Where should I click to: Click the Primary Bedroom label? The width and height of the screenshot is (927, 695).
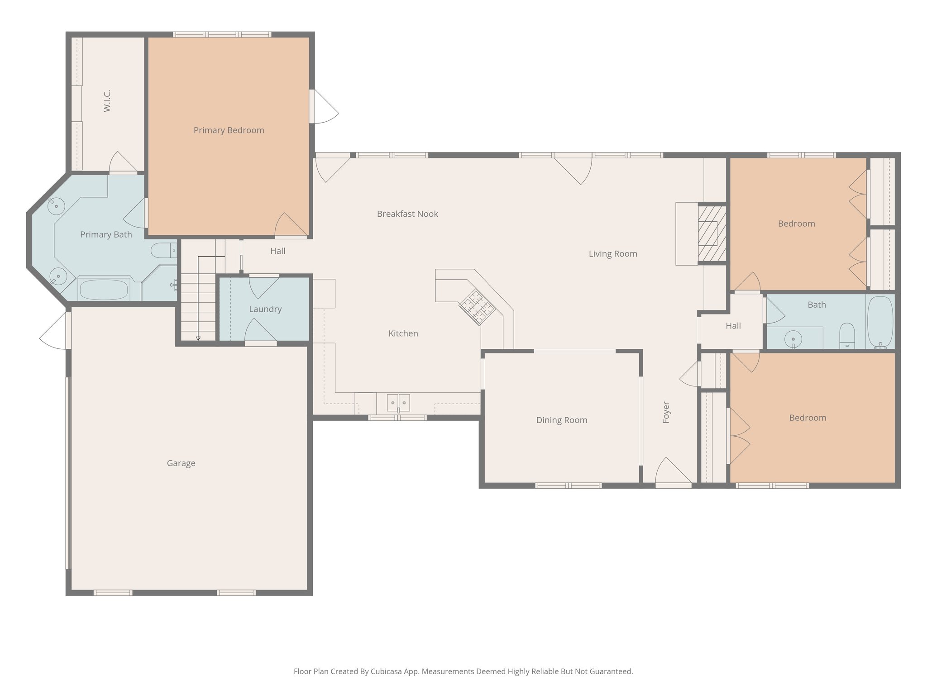point(229,130)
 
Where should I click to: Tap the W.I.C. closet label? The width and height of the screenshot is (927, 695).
point(107,101)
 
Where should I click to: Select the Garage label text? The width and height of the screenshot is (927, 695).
point(181,463)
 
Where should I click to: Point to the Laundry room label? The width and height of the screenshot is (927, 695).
point(265,309)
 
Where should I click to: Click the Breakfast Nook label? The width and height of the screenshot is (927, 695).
point(407,214)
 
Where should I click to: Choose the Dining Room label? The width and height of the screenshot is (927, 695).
point(561,420)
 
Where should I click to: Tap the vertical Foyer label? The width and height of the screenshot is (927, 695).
point(666,412)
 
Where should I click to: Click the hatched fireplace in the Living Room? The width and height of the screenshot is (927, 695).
point(712,233)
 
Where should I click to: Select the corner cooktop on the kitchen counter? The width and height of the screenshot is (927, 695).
point(477,307)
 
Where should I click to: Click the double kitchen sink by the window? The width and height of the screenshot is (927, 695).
point(398,402)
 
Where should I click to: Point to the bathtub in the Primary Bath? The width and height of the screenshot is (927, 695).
point(104,290)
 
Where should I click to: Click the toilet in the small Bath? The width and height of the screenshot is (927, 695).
point(846,336)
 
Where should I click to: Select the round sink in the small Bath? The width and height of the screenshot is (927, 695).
point(793,338)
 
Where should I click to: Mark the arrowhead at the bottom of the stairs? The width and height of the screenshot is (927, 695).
point(198,338)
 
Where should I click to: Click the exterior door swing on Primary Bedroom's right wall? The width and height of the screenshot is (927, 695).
point(325,107)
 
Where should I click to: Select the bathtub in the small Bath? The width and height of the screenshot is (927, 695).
point(880,322)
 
